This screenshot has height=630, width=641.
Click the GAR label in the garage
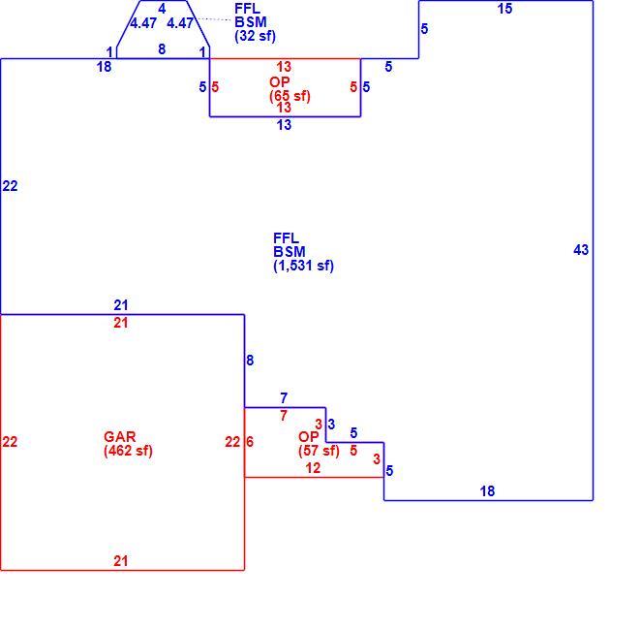(x=119, y=436)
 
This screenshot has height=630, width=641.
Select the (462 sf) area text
(x=128, y=451)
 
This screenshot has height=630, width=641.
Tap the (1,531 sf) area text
(x=303, y=266)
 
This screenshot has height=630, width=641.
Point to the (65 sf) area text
(x=290, y=96)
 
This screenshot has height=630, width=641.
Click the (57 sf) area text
(x=319, y=451)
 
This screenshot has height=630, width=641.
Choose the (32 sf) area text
(x=255, y=36)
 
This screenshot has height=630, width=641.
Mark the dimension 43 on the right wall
(x=581, y=249)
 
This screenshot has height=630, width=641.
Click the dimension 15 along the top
(x=504, y=9)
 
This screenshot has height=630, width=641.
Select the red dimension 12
(x=313, y=467)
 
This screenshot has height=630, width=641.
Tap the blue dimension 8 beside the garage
(x=250, y=360)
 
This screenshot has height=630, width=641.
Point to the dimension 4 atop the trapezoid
(x=162, y=9)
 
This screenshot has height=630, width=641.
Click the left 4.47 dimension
(x=143, y=23)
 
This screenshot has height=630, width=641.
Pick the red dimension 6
(x=250, y=441)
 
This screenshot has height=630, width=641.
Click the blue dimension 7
(x=284, y=397)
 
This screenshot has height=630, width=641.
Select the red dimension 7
(x=284, y=416)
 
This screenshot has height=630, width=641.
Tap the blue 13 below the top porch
(x=284, y=124)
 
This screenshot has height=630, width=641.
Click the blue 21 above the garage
(x=121, y=304)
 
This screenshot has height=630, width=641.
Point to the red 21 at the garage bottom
(x=121, y=560)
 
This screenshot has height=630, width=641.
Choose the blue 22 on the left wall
(x=10, y=186)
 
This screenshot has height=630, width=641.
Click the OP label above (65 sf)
(x=280, y=81)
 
